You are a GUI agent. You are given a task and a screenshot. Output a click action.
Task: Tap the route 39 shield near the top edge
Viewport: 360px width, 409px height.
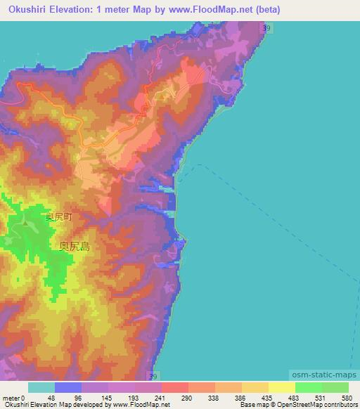pyautogui.click(x=264, y=27)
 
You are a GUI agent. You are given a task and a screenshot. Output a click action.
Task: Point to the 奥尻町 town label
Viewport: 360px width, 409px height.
pyautogui.click(x=58, y=217)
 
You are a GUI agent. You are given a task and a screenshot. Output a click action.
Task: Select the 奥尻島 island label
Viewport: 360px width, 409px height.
pyautogui.click(x=74, y=247)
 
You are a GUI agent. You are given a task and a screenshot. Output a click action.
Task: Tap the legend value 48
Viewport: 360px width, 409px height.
pyautogui.click(x=51, y=398)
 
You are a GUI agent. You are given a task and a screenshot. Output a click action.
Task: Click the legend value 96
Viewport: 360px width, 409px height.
pyautogui.click(x=79, y=398)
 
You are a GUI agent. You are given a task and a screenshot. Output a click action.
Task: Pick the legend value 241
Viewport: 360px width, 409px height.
pyautogui.click(x=160, y=398)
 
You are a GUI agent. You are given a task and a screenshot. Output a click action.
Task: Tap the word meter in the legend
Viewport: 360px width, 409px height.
pyautogui.click(x=11, y=398)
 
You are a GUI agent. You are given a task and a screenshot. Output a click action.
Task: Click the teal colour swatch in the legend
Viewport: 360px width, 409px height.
pyautogui.click(x=41, y=388)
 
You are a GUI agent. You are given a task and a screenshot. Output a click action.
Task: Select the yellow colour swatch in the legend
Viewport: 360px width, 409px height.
pyautogui.click(x=282, y=388)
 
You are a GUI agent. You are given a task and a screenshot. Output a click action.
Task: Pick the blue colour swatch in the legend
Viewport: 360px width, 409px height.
pyautogui.click(x=68, y=388)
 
